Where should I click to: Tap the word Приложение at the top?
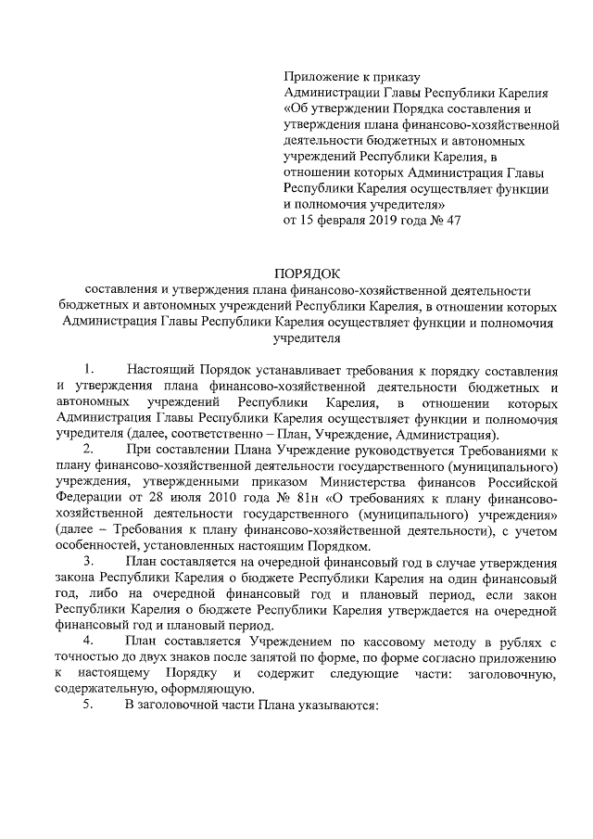coord(320,78)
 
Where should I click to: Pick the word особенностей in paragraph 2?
coord(98,547)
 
